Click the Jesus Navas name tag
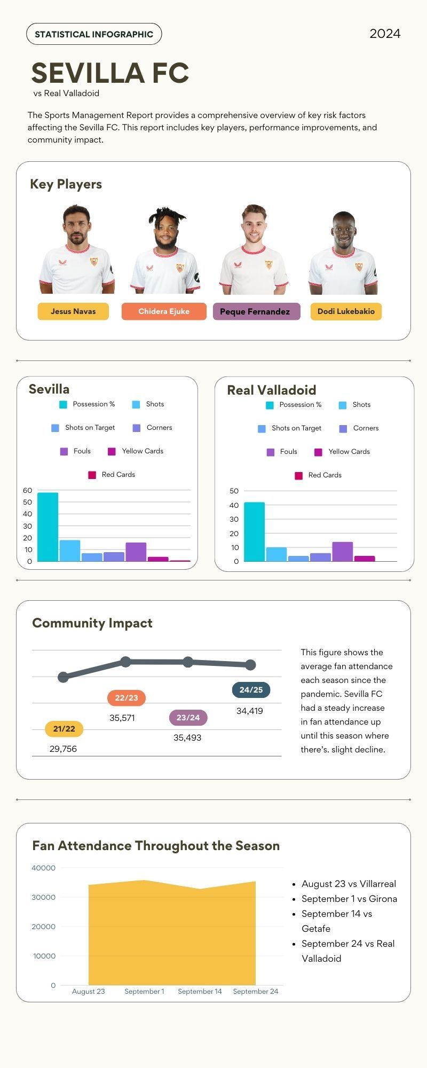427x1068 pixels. click(x=73, y=311)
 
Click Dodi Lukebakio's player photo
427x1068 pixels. click(x=343, y=252)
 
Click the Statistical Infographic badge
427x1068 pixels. click(x=94, y=34)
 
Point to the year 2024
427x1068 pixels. click(x=385, y=34)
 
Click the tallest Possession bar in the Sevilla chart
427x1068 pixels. click(x=48, y=527)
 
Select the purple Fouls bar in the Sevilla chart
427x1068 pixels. click(x=136, y=552)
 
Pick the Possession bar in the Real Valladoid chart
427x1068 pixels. click(x=254, y=532)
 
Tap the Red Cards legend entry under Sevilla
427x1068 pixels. click(x=112, y=475)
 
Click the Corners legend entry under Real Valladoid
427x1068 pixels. click(x=359, y=428)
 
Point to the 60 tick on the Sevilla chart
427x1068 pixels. click(x=27, y=490)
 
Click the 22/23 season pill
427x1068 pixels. click(x=126, y=698)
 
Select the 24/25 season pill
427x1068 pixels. click(x=251, y=690)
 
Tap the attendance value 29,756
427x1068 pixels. click(x=63, y=749)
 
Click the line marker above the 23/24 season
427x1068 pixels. click(x=188, y=662)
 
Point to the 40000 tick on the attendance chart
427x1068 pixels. click(x=43, y=868)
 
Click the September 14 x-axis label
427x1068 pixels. click(x=200, y=991)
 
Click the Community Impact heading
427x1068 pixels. click(x=92, y=623)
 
